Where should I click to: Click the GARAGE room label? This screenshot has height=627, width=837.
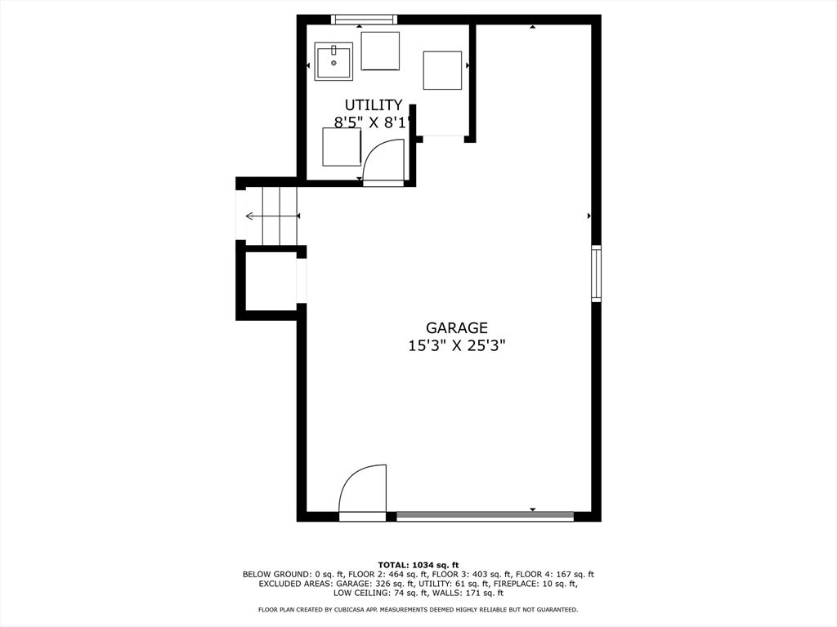tap(456, 327)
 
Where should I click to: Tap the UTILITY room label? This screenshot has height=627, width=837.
tap(373, 104)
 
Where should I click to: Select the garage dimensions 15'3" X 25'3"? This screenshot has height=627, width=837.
tap(456, 346)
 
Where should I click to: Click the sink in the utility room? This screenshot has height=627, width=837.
tap(333, 61)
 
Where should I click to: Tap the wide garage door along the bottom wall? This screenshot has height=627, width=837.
tap(485, 516)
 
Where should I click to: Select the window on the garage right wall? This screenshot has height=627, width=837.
tap(596, 273)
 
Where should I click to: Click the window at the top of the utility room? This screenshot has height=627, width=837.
tap(364, 20)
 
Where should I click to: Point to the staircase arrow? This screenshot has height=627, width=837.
tap(271, 216)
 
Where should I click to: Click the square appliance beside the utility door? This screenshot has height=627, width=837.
tap(342, 147)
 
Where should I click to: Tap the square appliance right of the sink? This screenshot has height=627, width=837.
tap(380, 51)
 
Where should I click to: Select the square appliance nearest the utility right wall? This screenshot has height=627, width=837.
tap(442, 70)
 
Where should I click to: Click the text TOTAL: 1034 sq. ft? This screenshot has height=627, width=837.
tap(418, 565)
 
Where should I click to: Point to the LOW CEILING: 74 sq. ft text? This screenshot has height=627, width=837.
tap(380, 593)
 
